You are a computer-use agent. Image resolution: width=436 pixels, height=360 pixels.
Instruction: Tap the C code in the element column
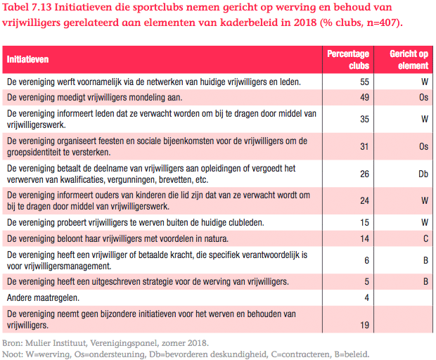point(425,238)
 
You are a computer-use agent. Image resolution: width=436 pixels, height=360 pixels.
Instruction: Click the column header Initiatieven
point(28,60)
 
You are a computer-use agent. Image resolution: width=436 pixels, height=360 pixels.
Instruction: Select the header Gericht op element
point(409,60)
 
